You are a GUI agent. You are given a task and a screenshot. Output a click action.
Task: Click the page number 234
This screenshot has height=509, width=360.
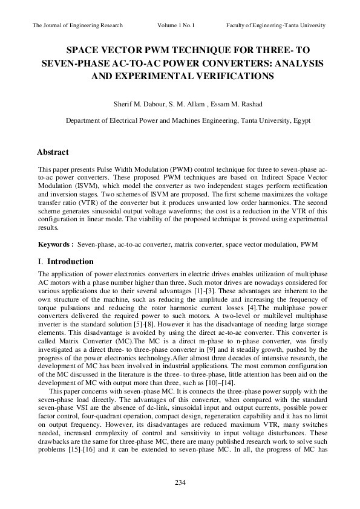pos(180,482)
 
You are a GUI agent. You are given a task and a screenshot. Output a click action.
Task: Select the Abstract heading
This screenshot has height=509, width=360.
pos(53,152)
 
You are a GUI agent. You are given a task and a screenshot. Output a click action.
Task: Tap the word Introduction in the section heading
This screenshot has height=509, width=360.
pos(70,262)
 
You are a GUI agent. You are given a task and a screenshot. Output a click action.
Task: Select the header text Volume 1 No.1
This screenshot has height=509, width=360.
pos(179,25)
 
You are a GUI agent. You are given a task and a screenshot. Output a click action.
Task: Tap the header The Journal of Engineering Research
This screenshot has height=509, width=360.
pos(77,25)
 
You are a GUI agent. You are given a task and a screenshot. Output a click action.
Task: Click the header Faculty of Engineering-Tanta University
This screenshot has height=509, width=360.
pos(276,25)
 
